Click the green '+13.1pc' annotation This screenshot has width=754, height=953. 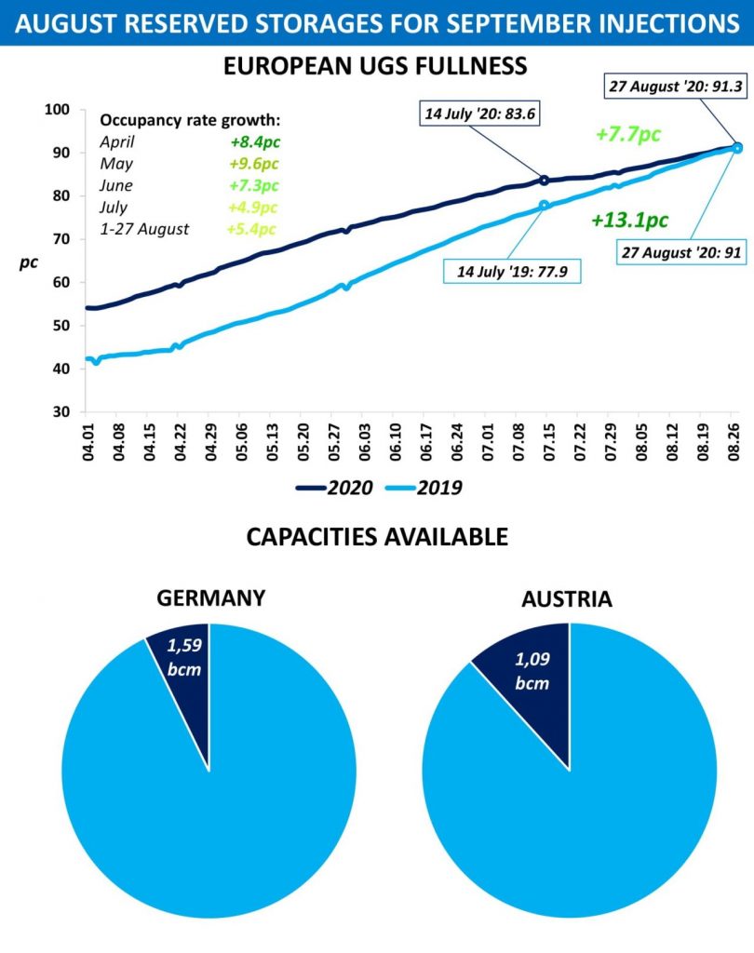coord(628,221)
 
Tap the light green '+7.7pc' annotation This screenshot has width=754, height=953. coord(628,134)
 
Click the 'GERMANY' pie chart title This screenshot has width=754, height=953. coord(209,597)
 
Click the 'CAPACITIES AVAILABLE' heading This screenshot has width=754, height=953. coord(376,537)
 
